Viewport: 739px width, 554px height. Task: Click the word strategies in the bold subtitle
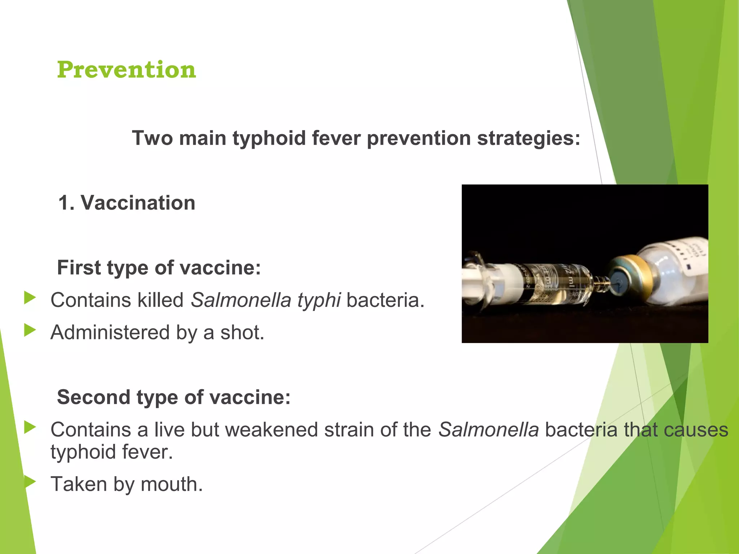click(528, 138)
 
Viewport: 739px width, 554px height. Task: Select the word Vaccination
click(138, 203)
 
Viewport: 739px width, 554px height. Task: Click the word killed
click(161, 300)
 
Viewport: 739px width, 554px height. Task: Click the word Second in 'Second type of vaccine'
click(93, 397)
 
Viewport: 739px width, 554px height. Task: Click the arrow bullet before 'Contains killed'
click(30, 298)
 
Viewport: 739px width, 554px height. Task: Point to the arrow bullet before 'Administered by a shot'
click(30, 330)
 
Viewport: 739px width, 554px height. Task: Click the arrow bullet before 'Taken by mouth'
click(30, 482)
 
